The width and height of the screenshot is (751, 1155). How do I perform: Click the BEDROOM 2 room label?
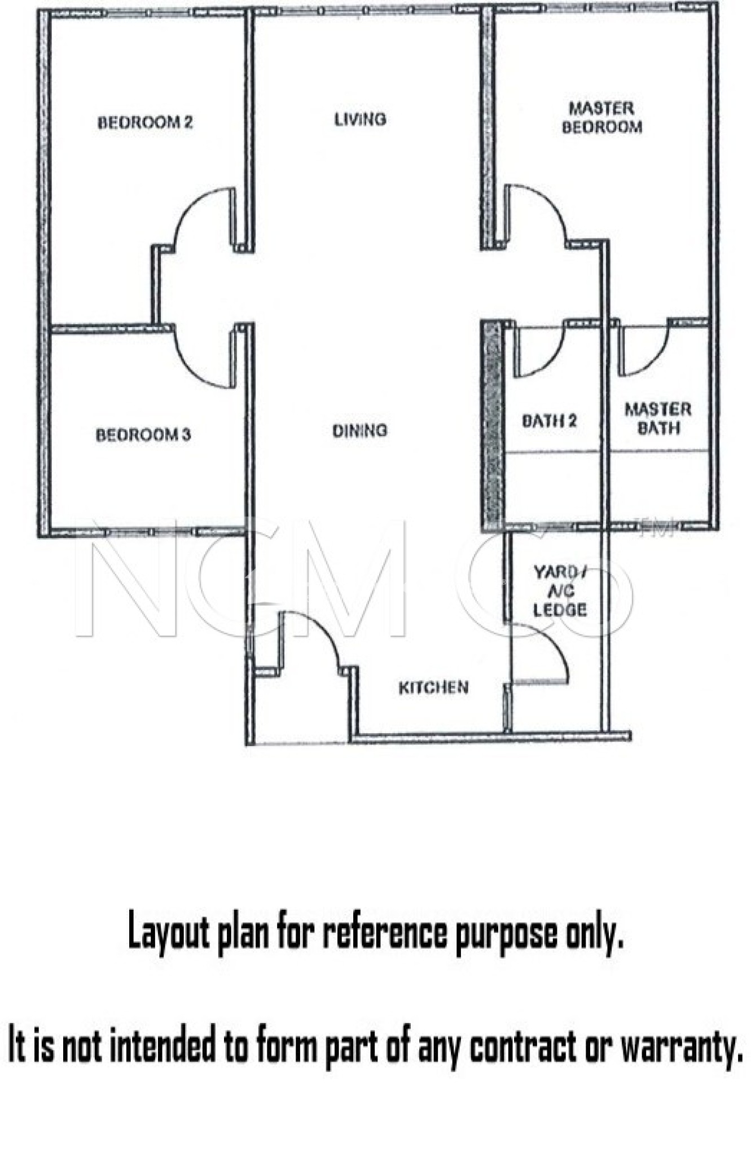click(x=145, y=122)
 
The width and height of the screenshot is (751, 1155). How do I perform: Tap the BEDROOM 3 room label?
click(x=143, y=435)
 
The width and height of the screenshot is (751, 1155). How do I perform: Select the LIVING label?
click(x=360, y=120)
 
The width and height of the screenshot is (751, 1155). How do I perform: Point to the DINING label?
click(x=359, y=431)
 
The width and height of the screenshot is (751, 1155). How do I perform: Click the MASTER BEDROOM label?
click(x=601, y=117)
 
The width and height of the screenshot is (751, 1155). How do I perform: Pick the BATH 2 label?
click(x=549, y=421)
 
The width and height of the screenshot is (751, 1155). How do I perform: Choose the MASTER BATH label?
click(x=658, y=418)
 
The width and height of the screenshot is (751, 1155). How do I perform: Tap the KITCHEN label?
click(x=433, y=687)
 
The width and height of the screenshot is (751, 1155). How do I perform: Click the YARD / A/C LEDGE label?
click(x=560, y=591)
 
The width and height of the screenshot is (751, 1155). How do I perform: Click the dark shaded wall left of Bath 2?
click(x=492, y=425)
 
